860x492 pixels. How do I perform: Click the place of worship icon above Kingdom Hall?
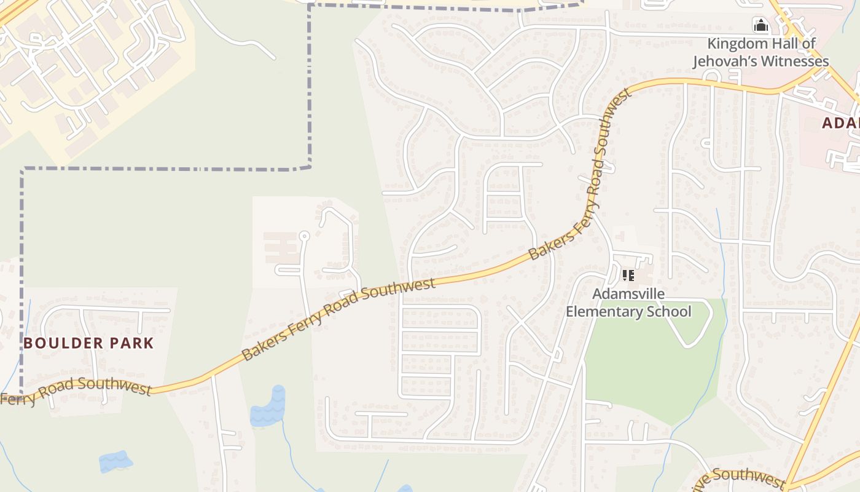(x=761, y=26)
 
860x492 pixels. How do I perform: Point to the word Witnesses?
(x=796, y=61)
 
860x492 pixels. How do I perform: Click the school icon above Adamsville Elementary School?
(x=628, y=275)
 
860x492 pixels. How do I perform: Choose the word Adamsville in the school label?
(x=628, y=294)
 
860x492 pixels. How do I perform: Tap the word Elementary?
(x=602, y=312)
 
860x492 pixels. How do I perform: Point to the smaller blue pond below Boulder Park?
(x=115, y=462)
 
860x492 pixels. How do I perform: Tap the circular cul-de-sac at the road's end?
(x=303, y=236)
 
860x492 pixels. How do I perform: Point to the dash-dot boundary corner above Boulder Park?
(x=23, y=169)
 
